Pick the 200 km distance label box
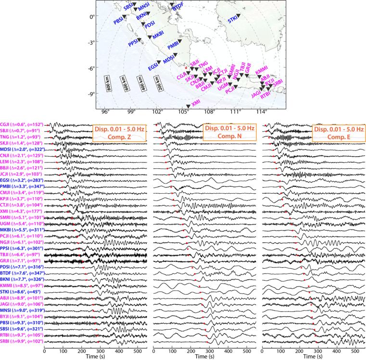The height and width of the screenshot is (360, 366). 160,85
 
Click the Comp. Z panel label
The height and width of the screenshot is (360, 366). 118,137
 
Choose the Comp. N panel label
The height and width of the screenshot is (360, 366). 229,137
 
